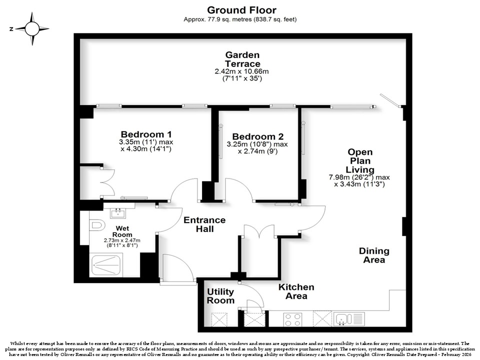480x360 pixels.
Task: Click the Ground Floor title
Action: click(x=241, y=10)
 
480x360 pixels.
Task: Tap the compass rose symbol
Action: click(x=32, y=29)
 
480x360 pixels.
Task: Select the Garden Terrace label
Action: click(x=242, y=59)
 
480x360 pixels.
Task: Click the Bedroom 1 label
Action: click(x=146, y=134)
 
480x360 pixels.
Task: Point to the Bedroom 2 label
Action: click(x=258, y=136)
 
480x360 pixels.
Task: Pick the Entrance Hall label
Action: click(x=204, y=224)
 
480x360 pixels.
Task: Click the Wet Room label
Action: click(x=122, y=231)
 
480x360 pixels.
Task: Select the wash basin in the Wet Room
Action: click(x=118, y=213)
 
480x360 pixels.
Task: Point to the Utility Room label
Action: click(x=220, y=296)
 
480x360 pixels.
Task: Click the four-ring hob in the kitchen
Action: click(x=292, y=319)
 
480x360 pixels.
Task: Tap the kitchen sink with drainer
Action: click(x=349, y=319)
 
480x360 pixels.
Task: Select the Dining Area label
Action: click(x=374, y=255)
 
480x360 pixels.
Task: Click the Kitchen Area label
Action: click(x=296, y=291)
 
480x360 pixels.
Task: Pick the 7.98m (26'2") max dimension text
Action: click(x=359, y=177)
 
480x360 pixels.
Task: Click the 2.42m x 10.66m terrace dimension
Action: click(x=241, y=71)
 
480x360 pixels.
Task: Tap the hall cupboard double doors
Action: click(x=259, y=231)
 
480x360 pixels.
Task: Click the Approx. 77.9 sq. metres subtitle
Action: click(x=240, y=19)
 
